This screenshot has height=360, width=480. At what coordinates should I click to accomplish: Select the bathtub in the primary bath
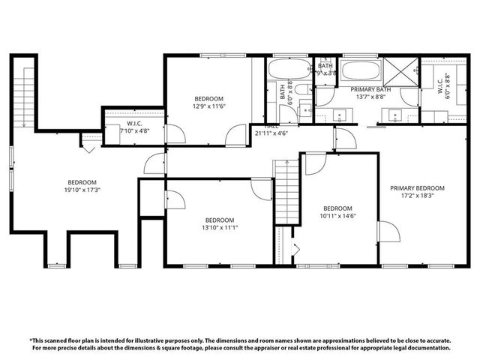[360, 73]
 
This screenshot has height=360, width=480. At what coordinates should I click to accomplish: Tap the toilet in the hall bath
[302, 91]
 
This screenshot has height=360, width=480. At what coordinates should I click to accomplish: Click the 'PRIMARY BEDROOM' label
[417, 188]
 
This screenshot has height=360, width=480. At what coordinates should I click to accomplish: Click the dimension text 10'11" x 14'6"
[337, 217]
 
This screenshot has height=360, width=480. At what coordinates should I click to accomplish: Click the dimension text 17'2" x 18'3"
[417, 196]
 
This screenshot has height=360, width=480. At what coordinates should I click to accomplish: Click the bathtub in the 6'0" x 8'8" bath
[288, 73]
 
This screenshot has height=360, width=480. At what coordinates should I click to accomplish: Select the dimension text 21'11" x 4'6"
[271, 133]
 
